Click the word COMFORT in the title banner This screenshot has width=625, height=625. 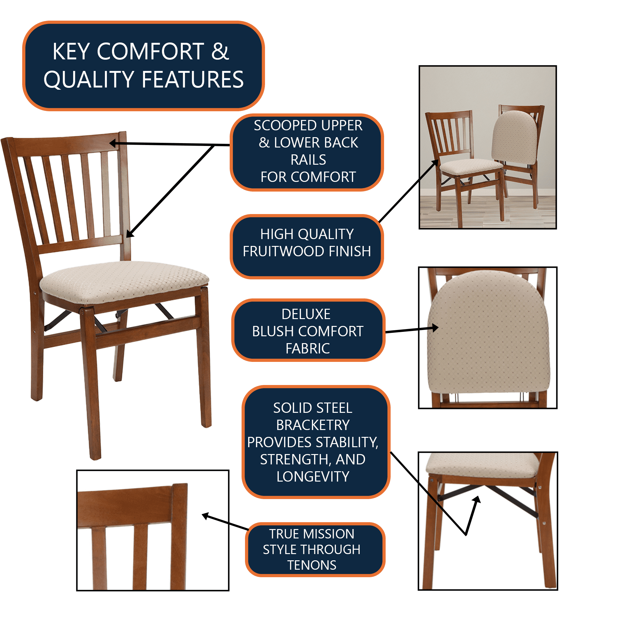tap(150, 52)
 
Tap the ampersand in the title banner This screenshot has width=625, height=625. tap(220, 52)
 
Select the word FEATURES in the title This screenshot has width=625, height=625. tap(193, 80)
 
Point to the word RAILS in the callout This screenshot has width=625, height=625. tap(308, 160)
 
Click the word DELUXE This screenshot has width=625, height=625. tap(306, 314)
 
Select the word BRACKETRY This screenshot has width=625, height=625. tap(313, 425)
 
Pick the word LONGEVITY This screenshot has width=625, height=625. tap(313, 477)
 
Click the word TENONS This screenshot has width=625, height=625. tap(312, 565)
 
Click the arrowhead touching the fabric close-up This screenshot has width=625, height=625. tap(435, 328)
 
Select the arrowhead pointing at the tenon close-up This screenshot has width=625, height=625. tap(206, 516)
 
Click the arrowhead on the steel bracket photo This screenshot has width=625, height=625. tap(477, 500)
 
